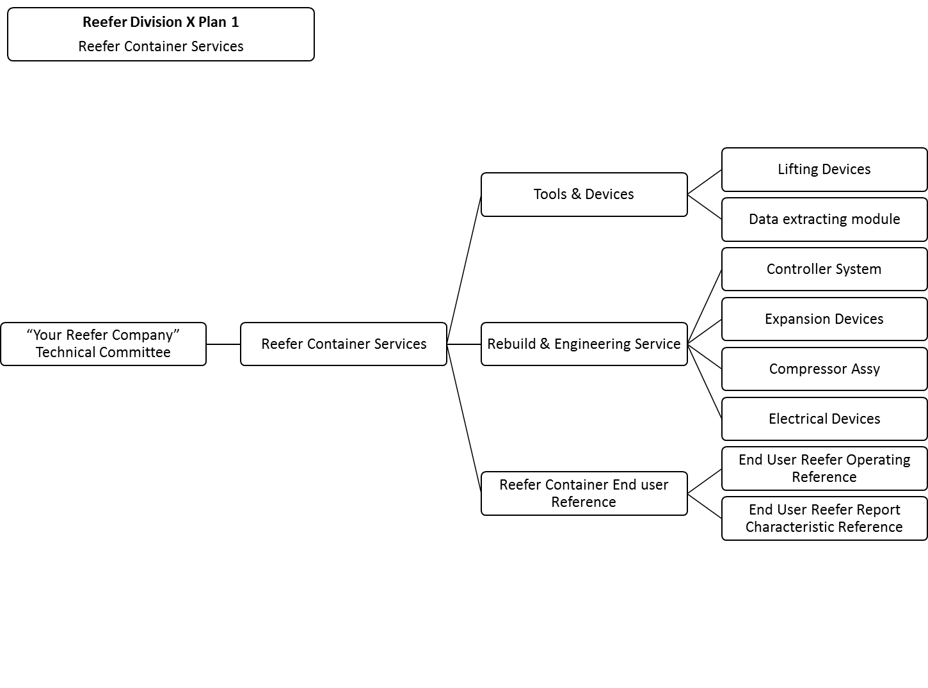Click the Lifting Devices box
[x=824, y=170]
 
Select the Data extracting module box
[x=824, y=220]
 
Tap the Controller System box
[x=824, y=269]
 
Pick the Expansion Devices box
[x=824, y=319]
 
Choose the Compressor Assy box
[x=824, y=369]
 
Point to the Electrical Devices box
[x=824, y=419]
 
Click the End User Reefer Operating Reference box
[x=824, y=468]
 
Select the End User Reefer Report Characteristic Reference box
[x=824, y=518]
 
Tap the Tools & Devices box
[x=584, y=195]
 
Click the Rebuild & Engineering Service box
[x=584, y=344]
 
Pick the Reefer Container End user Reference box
[x=584, y=493]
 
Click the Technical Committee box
[x=103, y=344]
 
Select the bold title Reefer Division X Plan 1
[x=161, y=22]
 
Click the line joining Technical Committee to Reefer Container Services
[x=223, y=344]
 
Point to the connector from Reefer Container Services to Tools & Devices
[x=464, y=269]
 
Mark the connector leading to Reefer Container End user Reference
[x=464, y=419]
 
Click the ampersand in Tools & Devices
[x=576, y=195]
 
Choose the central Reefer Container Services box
[x=344, y=344]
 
